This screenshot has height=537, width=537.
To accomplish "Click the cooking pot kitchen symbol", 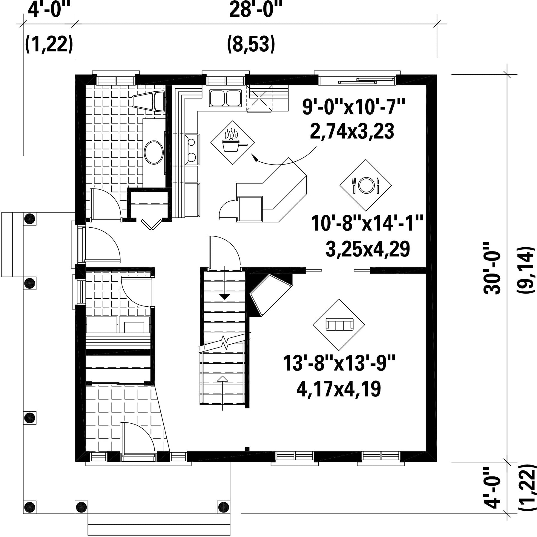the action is pos(233,142).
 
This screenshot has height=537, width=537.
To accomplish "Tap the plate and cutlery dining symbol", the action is pos(366,185).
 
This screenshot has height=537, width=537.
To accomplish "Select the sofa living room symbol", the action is pos(339,325).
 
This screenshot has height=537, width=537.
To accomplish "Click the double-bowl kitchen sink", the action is pos(225,98).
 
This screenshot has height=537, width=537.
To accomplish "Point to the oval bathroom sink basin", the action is pos(154,152).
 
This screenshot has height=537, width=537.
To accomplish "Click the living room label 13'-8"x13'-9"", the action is pos(339,363).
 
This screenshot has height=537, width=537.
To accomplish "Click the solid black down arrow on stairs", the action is pos(225,297).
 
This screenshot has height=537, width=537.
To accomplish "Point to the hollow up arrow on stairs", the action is pos(222,379).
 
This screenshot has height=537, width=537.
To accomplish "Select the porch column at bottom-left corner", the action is pos(30,507).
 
